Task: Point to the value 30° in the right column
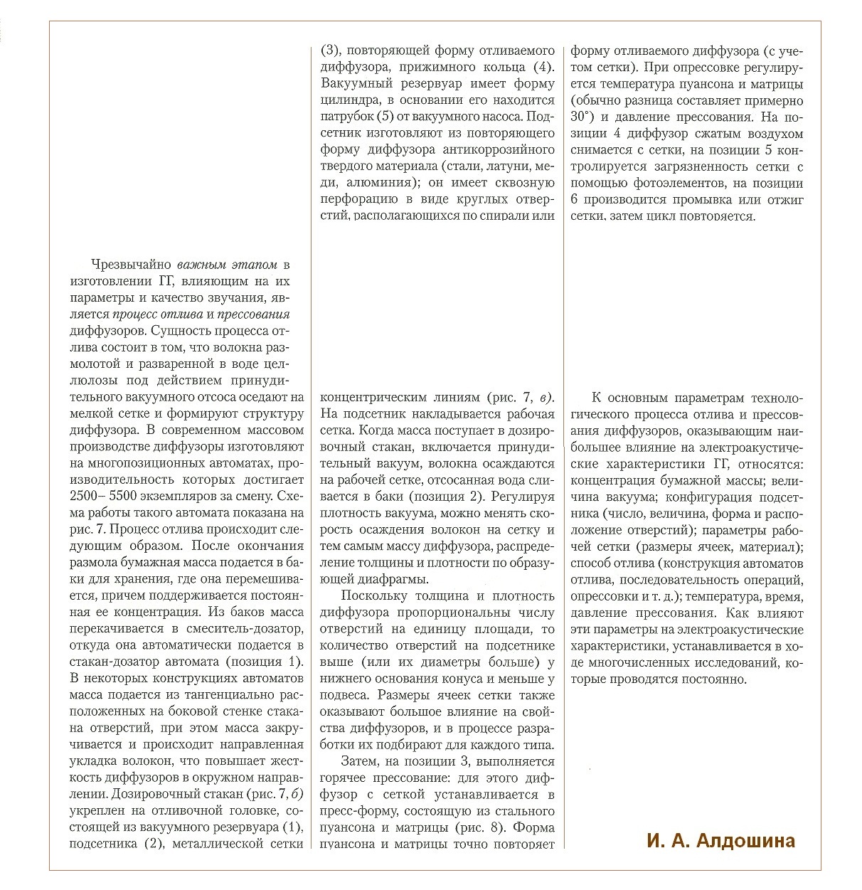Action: pyautogui.click(x=583, y=117)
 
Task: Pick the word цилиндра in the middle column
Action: pyautogui.click(x=348, y=100)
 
